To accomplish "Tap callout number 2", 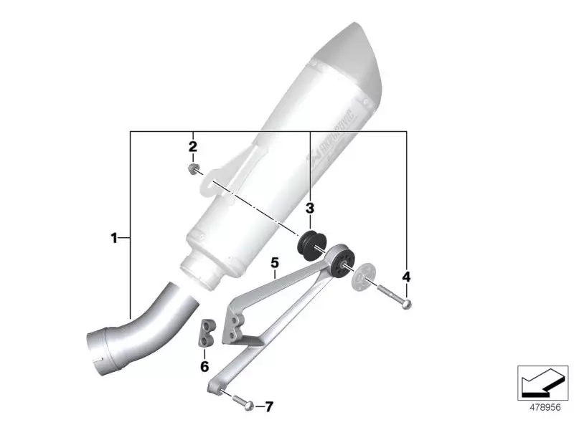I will tap(192, 147).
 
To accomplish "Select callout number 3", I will tap(309, 209).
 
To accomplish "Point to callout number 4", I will tap(406, 276).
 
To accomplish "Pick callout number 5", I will tap(274, 263).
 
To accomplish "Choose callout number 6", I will tap(204, 366).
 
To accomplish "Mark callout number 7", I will tap(269, 407).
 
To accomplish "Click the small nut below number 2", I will tap(192, 169).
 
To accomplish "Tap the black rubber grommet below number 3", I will tap(311, 244).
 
